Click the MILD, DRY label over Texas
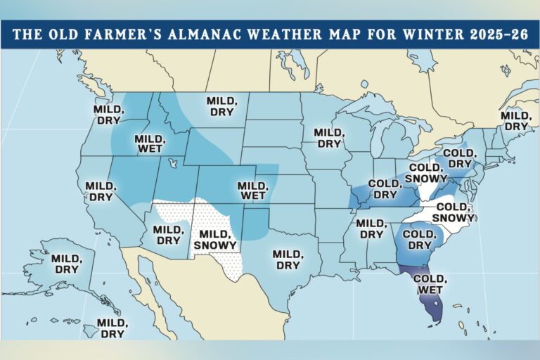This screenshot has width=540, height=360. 287,259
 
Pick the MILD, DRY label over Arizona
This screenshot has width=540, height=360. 168,235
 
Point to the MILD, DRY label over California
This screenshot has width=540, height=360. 100,191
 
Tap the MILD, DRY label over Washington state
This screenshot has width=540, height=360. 109,115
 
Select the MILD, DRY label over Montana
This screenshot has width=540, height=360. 221,106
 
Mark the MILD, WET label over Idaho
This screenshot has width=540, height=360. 148,143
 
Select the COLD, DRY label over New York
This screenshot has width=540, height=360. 458,158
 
